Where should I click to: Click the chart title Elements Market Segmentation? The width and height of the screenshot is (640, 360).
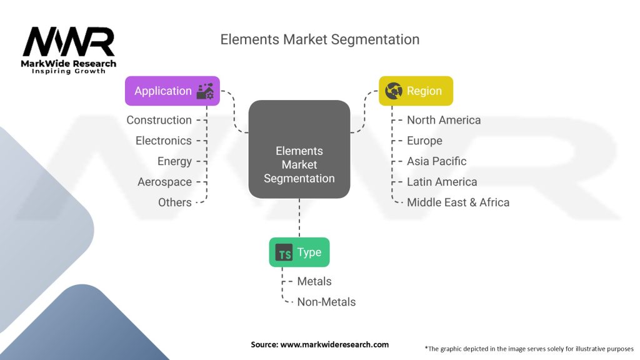tap(319, 39)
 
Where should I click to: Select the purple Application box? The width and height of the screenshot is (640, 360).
tap(172, 91)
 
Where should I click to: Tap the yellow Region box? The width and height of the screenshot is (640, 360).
tap(416, 91)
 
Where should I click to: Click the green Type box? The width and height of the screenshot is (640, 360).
tap(299, 252)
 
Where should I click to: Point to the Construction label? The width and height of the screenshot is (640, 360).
tap(159, 120)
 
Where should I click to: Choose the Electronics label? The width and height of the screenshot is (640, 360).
tap(163, 141)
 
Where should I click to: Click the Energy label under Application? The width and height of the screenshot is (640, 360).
tap(174, 161)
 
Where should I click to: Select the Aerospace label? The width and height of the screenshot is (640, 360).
tap(164, 182)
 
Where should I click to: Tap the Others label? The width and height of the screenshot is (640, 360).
tap(174, 202)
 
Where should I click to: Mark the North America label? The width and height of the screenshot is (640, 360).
tap(444, 120)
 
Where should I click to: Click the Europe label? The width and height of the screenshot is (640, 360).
tap(424, 141)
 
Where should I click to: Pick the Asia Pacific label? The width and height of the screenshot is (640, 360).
tap(436, 161)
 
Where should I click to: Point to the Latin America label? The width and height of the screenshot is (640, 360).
tap(442, 182)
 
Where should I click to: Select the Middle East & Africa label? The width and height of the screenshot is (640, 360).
tap(458, 202)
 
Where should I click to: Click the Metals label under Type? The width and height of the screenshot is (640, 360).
tap(314, 281)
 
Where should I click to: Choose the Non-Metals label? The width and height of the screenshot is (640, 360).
tap(326, 302)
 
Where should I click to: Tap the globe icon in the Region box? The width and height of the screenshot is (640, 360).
tap(394, 91)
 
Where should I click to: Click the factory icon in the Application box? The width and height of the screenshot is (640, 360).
tap(205, 91)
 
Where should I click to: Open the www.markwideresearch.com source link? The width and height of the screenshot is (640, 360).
tap(334, 344)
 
